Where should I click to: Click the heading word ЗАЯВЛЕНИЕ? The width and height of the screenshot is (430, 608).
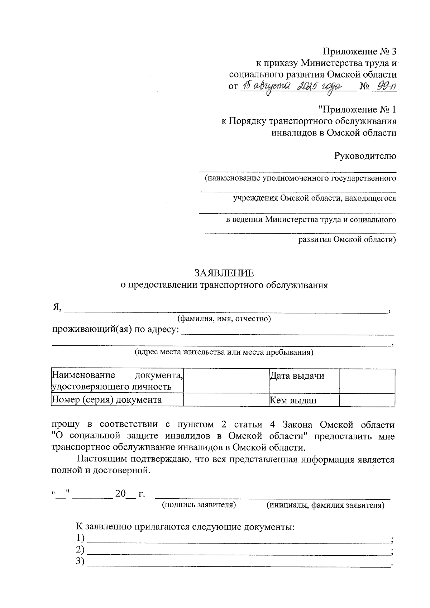224,273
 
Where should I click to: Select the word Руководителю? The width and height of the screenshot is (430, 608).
365,156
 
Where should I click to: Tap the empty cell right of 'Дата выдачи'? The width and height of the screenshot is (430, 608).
367,381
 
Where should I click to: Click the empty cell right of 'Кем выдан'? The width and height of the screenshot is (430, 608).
367,401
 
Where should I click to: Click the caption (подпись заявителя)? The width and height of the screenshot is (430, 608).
199,505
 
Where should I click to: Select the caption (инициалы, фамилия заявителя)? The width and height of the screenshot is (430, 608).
325,505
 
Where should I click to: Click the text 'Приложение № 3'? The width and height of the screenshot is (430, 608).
360,52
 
